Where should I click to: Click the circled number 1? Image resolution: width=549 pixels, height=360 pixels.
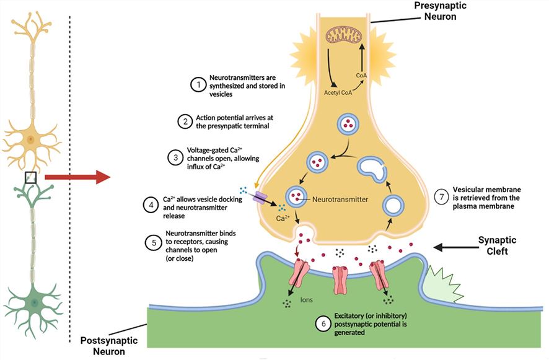point(198,86)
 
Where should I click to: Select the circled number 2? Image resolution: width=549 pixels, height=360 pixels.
point(183,121)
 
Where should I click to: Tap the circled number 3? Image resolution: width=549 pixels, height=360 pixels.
point(175,157)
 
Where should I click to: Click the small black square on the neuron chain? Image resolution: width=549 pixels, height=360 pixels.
point(32,178)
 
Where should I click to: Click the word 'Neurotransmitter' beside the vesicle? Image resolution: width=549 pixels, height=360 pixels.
point(340,200)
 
